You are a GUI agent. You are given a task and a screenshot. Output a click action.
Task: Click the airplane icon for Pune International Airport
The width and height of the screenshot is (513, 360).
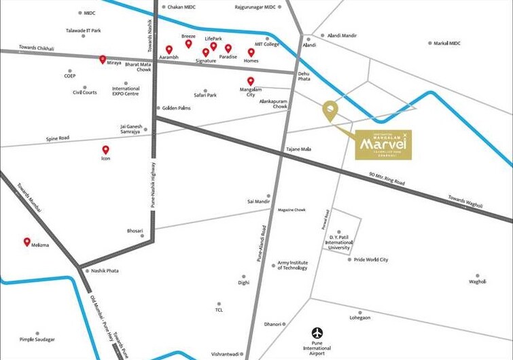[317, 333]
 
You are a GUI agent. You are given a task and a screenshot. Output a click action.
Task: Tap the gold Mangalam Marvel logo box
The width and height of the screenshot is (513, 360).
[383, 145]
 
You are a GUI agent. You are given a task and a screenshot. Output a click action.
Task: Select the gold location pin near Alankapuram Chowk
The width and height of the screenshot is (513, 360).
[330, 111]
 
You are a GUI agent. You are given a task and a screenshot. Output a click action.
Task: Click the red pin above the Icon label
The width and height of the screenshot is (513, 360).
[105, 149]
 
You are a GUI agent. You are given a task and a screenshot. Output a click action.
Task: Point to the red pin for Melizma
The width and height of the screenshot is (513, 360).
[27, 241]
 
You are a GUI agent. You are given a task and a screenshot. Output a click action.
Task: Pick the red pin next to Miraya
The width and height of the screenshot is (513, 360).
[103, 60]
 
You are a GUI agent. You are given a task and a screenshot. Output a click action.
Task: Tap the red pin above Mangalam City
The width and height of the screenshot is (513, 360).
[251, 81]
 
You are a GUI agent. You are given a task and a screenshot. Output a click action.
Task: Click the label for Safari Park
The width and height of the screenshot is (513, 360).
[205, 95]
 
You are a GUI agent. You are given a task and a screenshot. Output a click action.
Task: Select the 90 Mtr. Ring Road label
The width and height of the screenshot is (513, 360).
[387, 179]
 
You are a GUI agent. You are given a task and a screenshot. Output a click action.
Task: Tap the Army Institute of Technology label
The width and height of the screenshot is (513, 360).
[292, 265]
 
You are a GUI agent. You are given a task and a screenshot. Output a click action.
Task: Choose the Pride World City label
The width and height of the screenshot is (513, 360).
[371, 259]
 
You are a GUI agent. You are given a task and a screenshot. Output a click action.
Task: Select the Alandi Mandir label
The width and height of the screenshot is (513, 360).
[342, 35]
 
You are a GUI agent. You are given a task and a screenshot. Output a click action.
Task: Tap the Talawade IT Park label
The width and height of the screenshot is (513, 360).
[83, 31]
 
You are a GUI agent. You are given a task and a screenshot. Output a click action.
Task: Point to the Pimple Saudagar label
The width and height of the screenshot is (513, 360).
[37, 339]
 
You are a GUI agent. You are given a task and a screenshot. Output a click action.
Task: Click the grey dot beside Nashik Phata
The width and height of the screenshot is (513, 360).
[86, 270]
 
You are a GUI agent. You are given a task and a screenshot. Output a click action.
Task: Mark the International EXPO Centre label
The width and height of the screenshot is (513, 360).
[126, 91]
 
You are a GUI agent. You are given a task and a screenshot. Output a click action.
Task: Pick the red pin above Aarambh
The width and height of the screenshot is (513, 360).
[169, 49]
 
